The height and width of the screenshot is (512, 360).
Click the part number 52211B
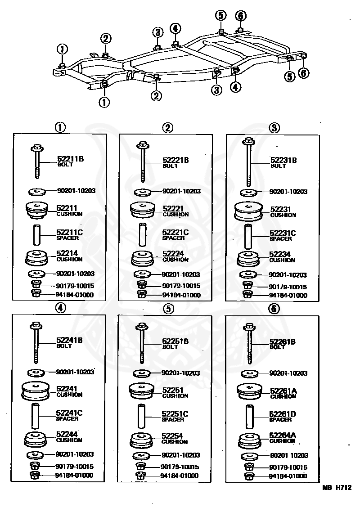click(x=70, y=159)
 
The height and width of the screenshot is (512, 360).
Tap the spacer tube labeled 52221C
click(x=142, y=234)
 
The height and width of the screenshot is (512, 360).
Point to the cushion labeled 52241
click(x=35, y=391)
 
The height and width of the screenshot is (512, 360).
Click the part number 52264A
click(x=282, y=435)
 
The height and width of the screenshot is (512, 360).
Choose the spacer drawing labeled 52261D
click(x=250, y=416)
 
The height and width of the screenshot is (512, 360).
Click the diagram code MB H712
click(x=337, y=488)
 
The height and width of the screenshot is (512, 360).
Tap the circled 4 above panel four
click(x=61, y=307)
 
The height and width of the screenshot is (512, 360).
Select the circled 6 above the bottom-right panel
click(x=274, y=308)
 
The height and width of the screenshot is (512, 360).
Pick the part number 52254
click(x=172, y=436)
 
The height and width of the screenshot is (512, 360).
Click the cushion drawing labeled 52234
click(x=248, y=259)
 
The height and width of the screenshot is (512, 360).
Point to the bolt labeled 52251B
click(x=142, y=343)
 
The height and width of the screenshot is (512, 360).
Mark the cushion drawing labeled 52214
click(x=36, y=258)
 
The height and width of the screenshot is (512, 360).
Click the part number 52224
click(x=173, y=254)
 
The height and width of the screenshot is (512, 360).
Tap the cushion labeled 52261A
click(x=249, y=392)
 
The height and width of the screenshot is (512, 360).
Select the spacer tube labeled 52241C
click(x=35, y=416)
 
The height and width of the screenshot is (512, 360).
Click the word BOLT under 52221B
click(x=170, y=166)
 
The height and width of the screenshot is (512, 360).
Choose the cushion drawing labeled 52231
click(x=248, y=211)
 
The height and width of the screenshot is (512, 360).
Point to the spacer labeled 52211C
click(x=36, y=234)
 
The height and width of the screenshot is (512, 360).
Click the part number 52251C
click(x=175, y=414)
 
